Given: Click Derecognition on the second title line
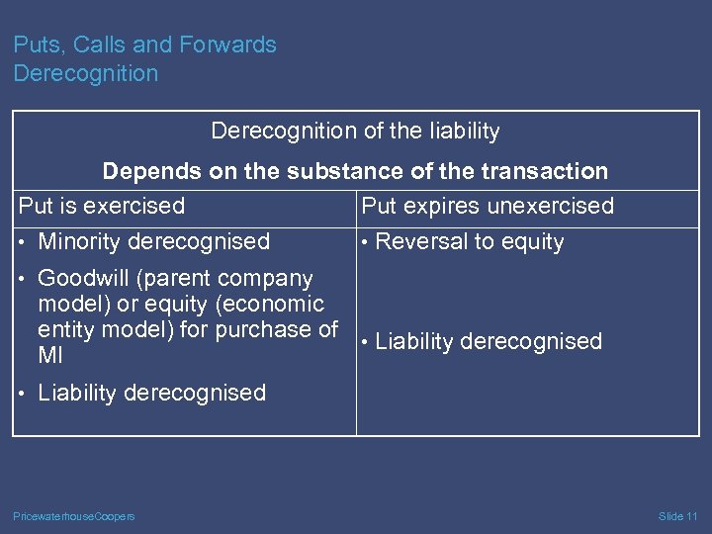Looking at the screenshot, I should pyautogui.click(x=86, y=73).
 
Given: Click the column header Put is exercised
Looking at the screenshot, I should pyautogui.click(x=102, y=206).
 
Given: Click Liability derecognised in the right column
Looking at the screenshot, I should pyautogui.click(x=489, y=341).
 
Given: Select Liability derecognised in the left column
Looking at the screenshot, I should pyautogui.click(x=151, y=393).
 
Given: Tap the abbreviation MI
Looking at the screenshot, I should pyautogui.click(x=49, y=355).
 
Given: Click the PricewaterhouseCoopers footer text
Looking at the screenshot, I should pyautogui.click(x=74, y=516).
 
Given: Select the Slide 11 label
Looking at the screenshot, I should pyautogui.click(x=677, y=516).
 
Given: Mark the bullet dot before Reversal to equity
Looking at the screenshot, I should pyautogui.click(x=365, y=242).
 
